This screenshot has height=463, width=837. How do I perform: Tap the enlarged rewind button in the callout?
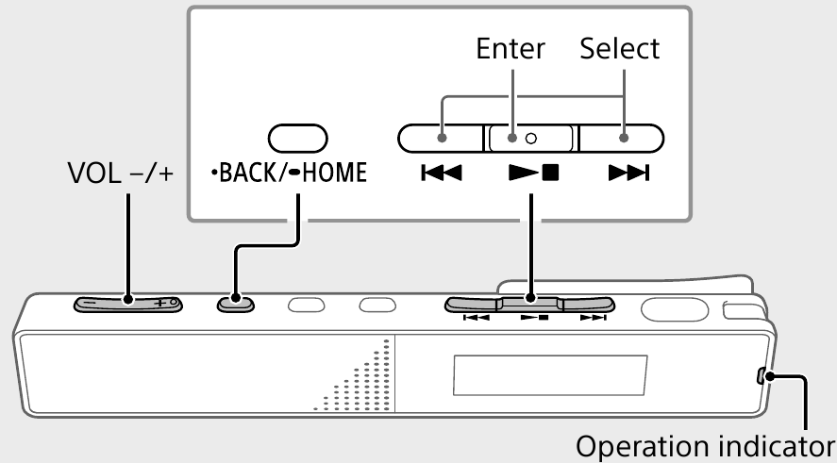tap(442, 139)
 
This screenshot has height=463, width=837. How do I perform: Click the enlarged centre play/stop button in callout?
tap(529, 139)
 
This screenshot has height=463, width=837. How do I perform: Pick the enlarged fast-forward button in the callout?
tap(621, 139)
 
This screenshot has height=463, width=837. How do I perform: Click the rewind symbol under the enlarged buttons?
tap(440, 174)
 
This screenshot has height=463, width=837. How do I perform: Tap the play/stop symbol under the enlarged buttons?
tap(530, 174)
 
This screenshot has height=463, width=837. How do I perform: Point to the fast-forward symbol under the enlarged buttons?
tap(623, 174)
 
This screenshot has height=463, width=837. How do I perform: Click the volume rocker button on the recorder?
tap(127, 304)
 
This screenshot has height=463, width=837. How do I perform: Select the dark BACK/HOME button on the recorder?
tap(235, 304)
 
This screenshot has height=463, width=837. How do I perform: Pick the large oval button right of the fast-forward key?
tap(673, 307)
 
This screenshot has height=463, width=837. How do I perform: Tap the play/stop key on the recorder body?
tap(529, 305)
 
